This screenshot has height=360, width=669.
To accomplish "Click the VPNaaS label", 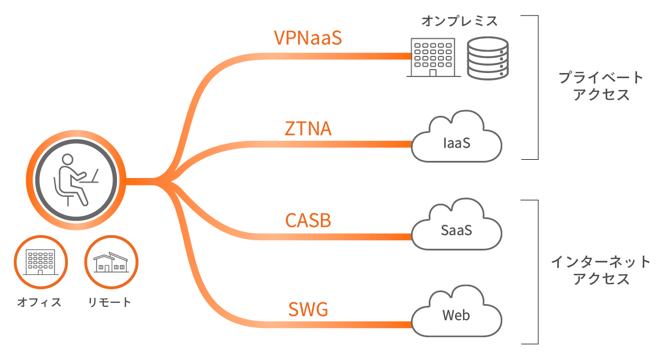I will click(308, 38).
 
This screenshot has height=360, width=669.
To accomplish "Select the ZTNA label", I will click(308, 128).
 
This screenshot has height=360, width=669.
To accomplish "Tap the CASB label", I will click(308, 220).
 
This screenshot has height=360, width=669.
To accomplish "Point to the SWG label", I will click(308, 310).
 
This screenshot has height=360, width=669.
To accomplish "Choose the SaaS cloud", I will click(456, 228).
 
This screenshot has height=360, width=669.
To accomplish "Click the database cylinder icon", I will click(487, 58).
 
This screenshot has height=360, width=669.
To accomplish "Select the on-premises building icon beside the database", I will click(432, 57).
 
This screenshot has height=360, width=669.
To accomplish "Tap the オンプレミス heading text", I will click(460, 22).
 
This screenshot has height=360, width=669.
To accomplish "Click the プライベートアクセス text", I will click(601, 86).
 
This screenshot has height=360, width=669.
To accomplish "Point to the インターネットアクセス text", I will click(601, 270).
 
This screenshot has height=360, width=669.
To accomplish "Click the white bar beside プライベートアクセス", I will click(529, 87).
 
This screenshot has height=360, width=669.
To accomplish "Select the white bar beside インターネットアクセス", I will click(529, 272).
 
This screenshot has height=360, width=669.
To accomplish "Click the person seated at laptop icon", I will click(75, 180).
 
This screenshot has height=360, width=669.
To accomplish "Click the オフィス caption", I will click(39, 302).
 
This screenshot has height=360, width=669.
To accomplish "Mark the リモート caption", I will click(110, 302).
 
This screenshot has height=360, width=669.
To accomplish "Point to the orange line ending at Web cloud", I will click(342, 325).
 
